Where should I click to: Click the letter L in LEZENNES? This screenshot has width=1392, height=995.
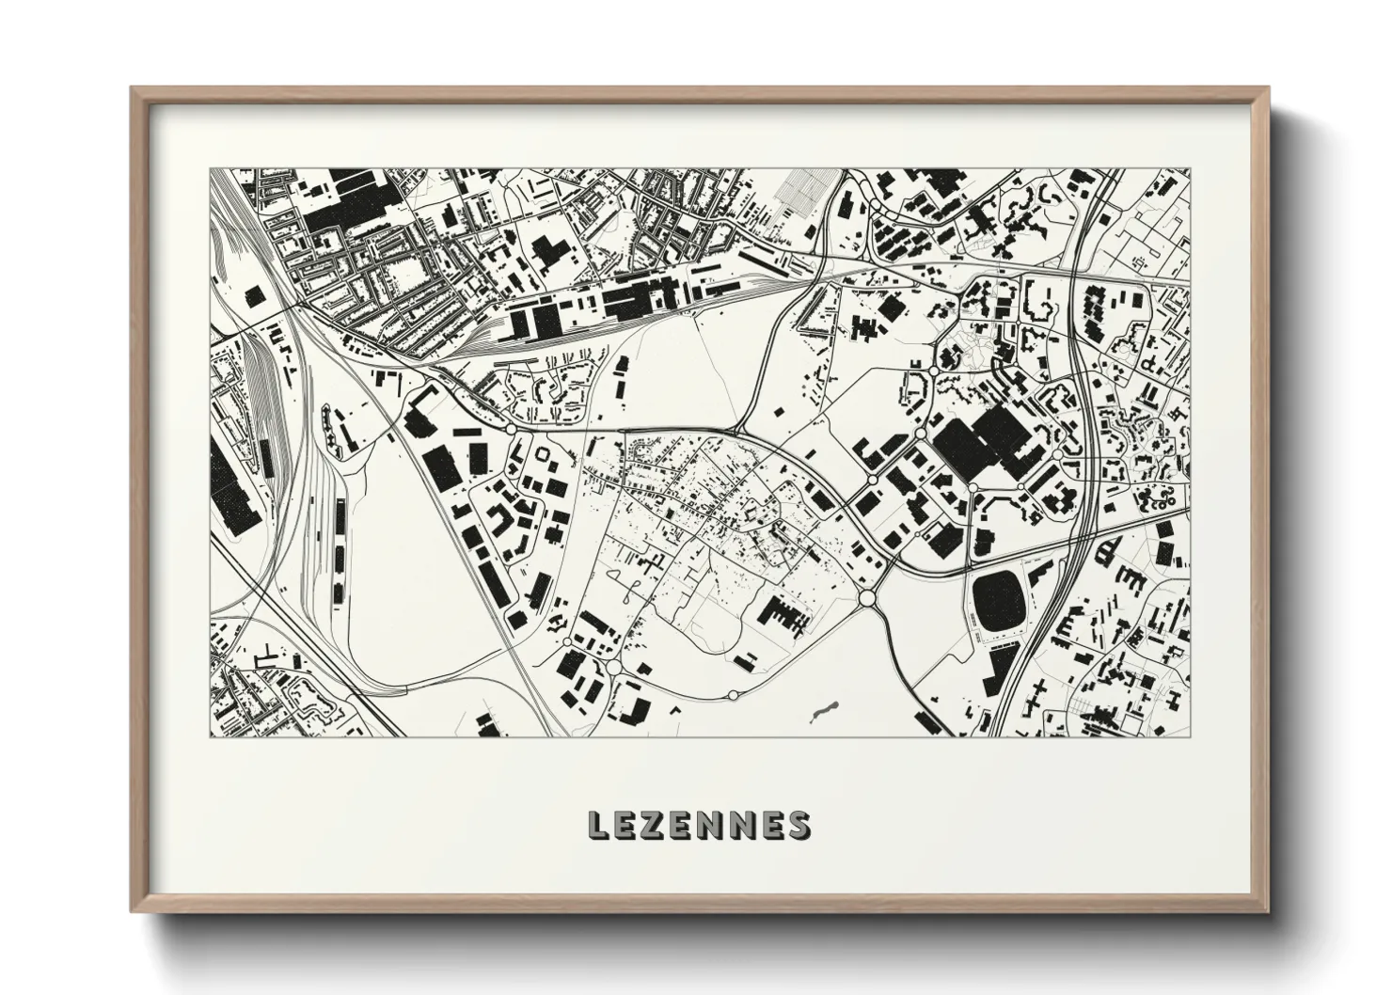598,825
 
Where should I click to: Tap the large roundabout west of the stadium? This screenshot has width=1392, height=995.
867,597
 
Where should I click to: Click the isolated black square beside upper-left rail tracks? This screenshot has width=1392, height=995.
253,296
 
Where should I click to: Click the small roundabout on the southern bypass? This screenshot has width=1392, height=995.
734,694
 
